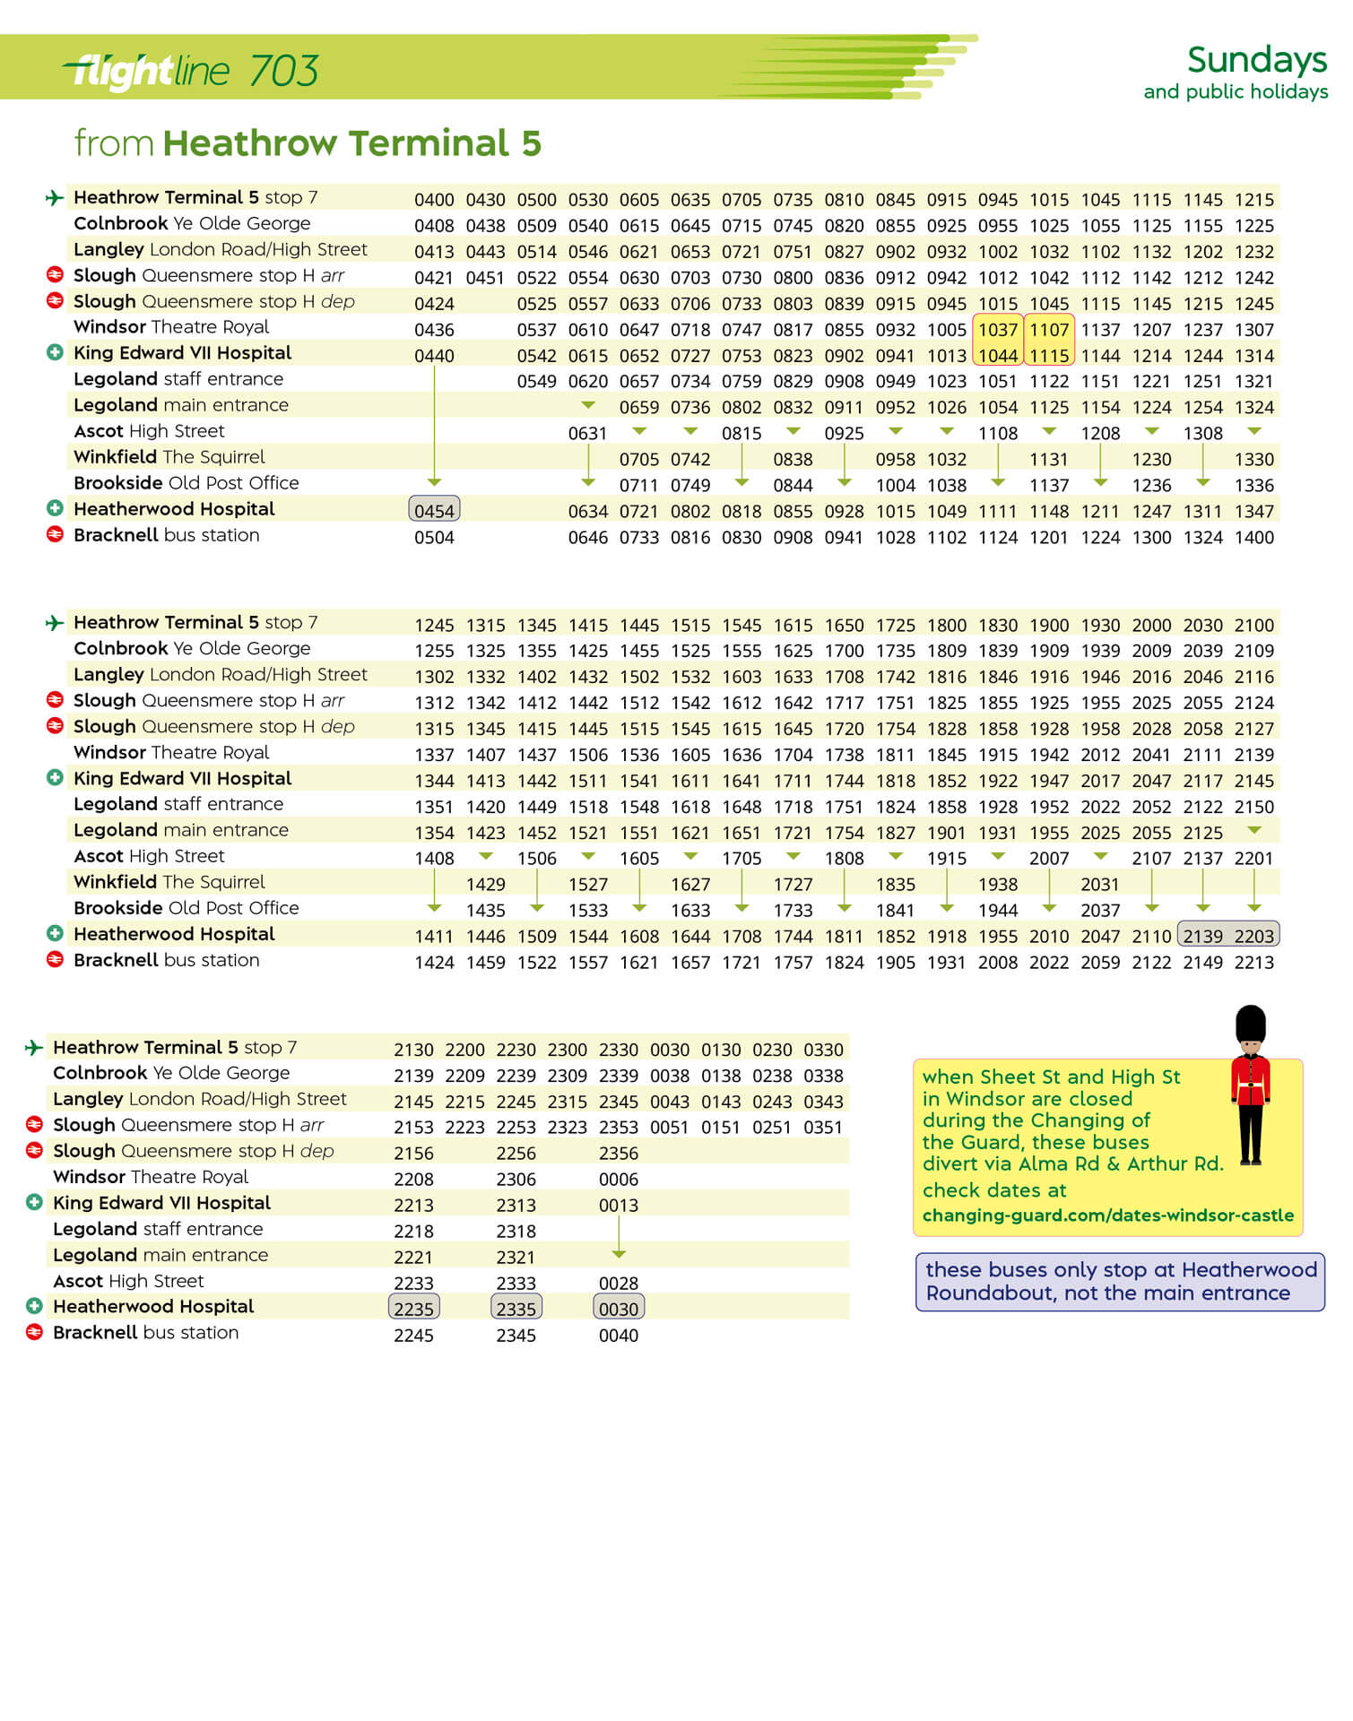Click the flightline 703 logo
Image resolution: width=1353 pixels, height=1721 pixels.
pos(191,71)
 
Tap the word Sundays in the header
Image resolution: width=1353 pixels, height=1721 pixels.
pos(1256,60)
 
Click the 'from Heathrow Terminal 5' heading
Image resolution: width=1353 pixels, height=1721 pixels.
pos(308,143)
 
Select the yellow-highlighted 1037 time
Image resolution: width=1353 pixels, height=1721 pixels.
pos(997,330)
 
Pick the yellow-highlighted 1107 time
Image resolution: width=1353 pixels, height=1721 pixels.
pos(1048,330)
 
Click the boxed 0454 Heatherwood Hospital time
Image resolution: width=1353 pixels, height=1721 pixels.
pos(434,511)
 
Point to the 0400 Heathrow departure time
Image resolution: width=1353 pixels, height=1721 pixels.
pos(434,200)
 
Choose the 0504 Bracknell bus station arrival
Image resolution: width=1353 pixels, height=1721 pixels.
pos(434,538)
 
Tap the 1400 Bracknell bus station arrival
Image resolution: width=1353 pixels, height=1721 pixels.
pos(1253,538)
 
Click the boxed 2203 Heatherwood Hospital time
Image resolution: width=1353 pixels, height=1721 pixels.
pos(1253,936)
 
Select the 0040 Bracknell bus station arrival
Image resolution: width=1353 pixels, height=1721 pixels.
pos(619,1336)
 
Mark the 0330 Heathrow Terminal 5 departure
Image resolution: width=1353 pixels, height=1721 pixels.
pos(823,1050)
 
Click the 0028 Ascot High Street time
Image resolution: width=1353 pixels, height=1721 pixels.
pos(619,1284)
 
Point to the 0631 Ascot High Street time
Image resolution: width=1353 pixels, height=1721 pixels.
pos(587,434)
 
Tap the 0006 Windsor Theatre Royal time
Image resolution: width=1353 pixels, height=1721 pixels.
pos(619,1180)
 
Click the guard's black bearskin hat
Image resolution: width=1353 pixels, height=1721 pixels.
pos(1250,1023)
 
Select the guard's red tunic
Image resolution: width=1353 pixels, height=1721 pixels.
pos(1250,1080)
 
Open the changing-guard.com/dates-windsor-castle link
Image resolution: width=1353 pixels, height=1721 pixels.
pos(1107,1215)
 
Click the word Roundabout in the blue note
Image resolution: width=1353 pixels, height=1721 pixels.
pos(984,1293)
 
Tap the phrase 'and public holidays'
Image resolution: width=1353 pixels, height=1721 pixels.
pos(1235,92)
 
